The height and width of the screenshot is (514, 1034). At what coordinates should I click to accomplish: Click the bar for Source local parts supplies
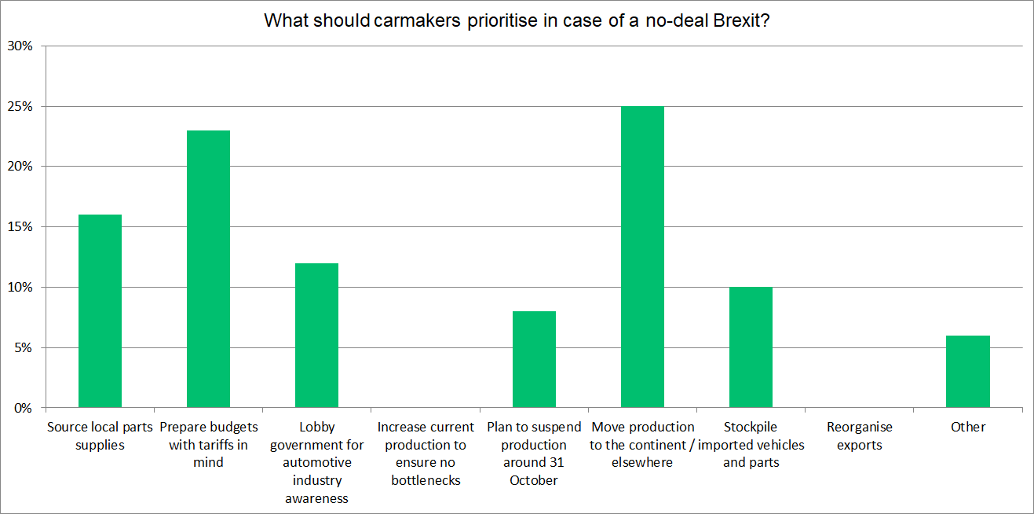click(100, 311)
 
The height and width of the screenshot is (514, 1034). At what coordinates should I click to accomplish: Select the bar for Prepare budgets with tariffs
click(208, 269)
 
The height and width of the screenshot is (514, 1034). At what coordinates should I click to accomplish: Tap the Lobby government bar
click(316, 336)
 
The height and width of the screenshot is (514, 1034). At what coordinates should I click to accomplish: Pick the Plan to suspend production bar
click(534, 359)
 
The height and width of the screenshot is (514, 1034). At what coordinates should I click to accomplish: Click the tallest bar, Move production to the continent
click(642, 257)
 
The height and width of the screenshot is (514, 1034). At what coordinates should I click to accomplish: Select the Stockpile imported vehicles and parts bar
click(751, 347)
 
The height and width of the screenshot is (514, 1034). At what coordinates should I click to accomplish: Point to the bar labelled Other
click(967, 372)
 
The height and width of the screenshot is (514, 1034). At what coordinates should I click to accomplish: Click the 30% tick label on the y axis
click(20, 46)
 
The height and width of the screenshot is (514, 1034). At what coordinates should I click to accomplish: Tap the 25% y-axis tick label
click(20, 106)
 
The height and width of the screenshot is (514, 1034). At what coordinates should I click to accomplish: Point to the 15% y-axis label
click(20, 227)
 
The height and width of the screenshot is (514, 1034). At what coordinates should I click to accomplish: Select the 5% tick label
click(23, 347)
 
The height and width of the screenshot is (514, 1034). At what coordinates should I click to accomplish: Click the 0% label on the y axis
click(23, 408)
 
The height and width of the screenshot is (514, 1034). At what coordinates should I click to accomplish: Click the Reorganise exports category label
click(859, 436)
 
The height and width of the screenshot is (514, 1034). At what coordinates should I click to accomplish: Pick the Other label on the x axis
click(967, 427)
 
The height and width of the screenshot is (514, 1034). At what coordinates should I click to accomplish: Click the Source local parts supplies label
click(100, 436)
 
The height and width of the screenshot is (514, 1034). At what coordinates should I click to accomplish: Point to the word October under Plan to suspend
click(534, 480)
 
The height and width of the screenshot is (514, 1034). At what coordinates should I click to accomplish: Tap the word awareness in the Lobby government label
click(316, 498)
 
